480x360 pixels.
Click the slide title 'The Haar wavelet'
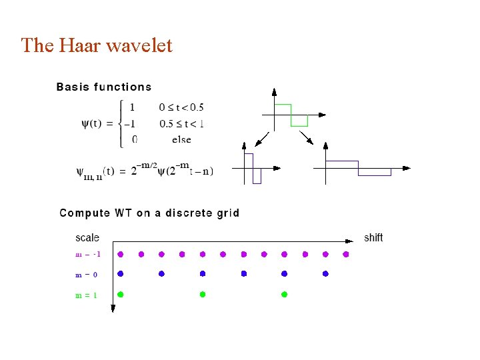pos(97,45)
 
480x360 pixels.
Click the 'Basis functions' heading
pos(104,87)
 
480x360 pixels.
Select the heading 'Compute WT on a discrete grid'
pos(149,213)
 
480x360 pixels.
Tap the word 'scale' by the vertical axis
pos(87,237)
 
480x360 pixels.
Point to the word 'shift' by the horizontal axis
pos(373,237)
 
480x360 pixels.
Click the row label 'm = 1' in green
pos(86,295)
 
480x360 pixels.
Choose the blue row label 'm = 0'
pos(86,275)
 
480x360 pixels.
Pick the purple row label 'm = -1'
pos(87,254)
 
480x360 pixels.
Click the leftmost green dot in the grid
pos(121,294)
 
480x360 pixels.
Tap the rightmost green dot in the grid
pos(284,294)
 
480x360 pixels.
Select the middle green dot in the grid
pos(203,294)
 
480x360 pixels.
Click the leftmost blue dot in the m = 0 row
pos(121,274)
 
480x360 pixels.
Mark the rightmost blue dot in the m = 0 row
pos(325,274)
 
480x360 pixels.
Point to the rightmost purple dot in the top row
pos(346,254)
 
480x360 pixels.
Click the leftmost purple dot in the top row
pos(121,254)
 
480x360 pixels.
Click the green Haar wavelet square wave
pos(291,114)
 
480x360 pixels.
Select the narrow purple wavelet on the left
pos(253,168)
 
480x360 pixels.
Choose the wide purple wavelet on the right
pos(358,167)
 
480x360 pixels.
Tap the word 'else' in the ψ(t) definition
pos(181,139)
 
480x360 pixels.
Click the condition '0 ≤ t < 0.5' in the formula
pos(181,107)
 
